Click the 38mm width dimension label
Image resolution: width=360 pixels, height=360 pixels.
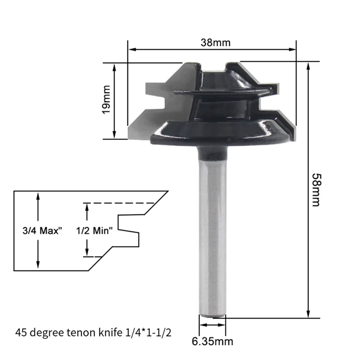[x=216, y=43]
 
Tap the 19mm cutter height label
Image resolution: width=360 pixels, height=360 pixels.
[x=106, y=99]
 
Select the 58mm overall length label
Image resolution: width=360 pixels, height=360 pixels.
[x=317, y=190]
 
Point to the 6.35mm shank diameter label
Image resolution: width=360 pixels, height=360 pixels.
[x=212, y=342]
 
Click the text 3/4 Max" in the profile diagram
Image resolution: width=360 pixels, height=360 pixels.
[x=42, y=230]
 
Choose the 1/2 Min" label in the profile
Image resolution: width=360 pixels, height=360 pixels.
[x=94, y=230]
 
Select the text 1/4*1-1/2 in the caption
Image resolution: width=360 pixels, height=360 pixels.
[x=148, y=333]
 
